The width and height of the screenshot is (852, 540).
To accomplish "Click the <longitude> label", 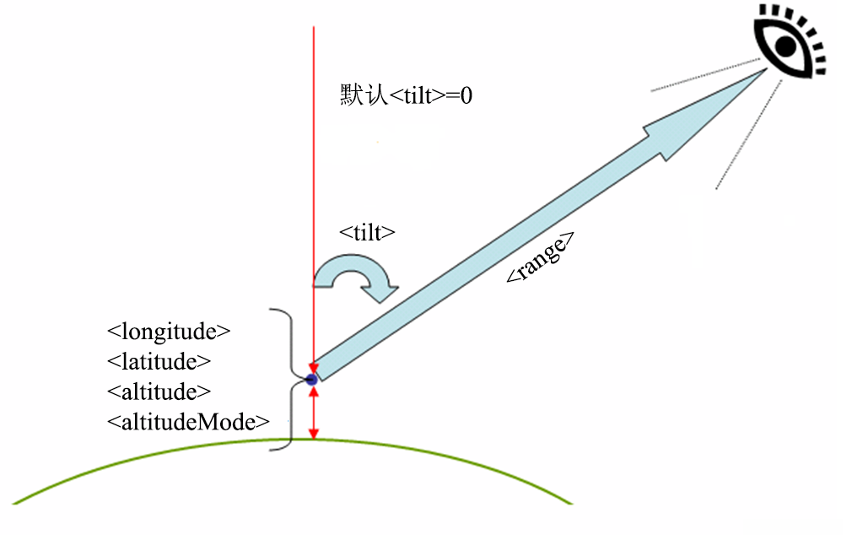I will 169,331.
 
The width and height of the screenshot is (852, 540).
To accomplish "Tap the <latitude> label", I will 159,361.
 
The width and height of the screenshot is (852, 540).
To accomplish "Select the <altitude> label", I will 159,391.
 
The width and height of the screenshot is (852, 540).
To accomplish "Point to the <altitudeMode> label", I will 188,421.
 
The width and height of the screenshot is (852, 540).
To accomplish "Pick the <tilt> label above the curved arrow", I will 367,234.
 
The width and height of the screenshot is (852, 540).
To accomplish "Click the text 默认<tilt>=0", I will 406,94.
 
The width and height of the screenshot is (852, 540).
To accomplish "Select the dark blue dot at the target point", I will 312,381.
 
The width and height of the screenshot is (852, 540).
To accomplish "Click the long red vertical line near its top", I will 314,51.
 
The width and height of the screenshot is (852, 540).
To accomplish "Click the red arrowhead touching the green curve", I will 314,434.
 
